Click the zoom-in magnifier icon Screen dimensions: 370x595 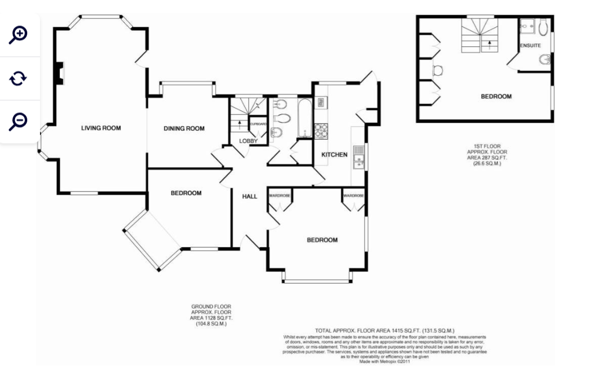(x=19, y=35)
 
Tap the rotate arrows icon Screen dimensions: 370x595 (x=19, y=78)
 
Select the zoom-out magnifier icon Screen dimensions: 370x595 (x=19, y=121)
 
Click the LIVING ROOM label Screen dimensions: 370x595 (x=101, y=128)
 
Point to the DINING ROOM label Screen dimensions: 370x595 (x=184, y=129)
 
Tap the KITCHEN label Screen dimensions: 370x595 (x=335, y=155)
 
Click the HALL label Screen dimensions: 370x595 (x=249, y=197)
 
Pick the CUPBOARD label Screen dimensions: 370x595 (x=258, y=124)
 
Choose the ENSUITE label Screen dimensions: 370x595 (x=530, y=45)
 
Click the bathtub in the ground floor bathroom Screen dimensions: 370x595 (x=304, y=118)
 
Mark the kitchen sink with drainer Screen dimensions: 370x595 (x=358, y=156)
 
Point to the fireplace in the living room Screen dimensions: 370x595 (x=59, y=73)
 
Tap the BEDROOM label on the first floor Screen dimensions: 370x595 (x=496, y=97)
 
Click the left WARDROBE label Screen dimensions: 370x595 (x=280, y=196)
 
